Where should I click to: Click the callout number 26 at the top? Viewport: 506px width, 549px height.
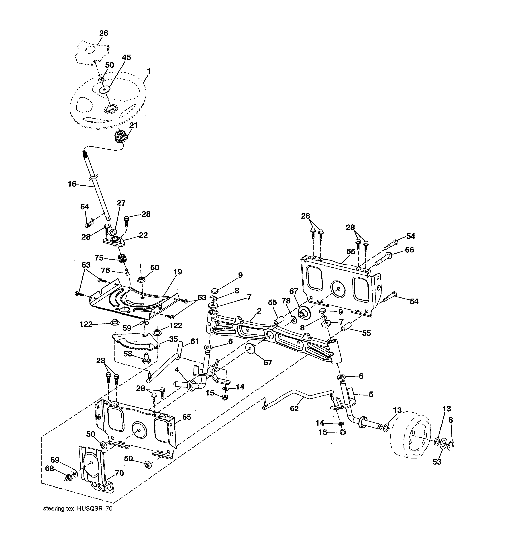click(104, 33)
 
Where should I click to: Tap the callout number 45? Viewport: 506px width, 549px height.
click(126, 57)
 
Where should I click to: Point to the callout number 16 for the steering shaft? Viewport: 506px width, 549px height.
click(72, 184)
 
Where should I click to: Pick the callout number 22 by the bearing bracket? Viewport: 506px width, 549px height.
click(143, 235)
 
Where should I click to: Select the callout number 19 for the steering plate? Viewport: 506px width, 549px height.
click(178, 272)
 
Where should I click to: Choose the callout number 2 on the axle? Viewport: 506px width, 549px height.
click(259, 311)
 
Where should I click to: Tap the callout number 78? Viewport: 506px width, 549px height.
click(286, 301)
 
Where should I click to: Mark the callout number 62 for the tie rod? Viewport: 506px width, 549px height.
click(294, 408)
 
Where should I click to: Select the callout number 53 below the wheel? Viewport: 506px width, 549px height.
click(437, 462)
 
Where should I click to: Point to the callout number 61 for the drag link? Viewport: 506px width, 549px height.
click(194, 341)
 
